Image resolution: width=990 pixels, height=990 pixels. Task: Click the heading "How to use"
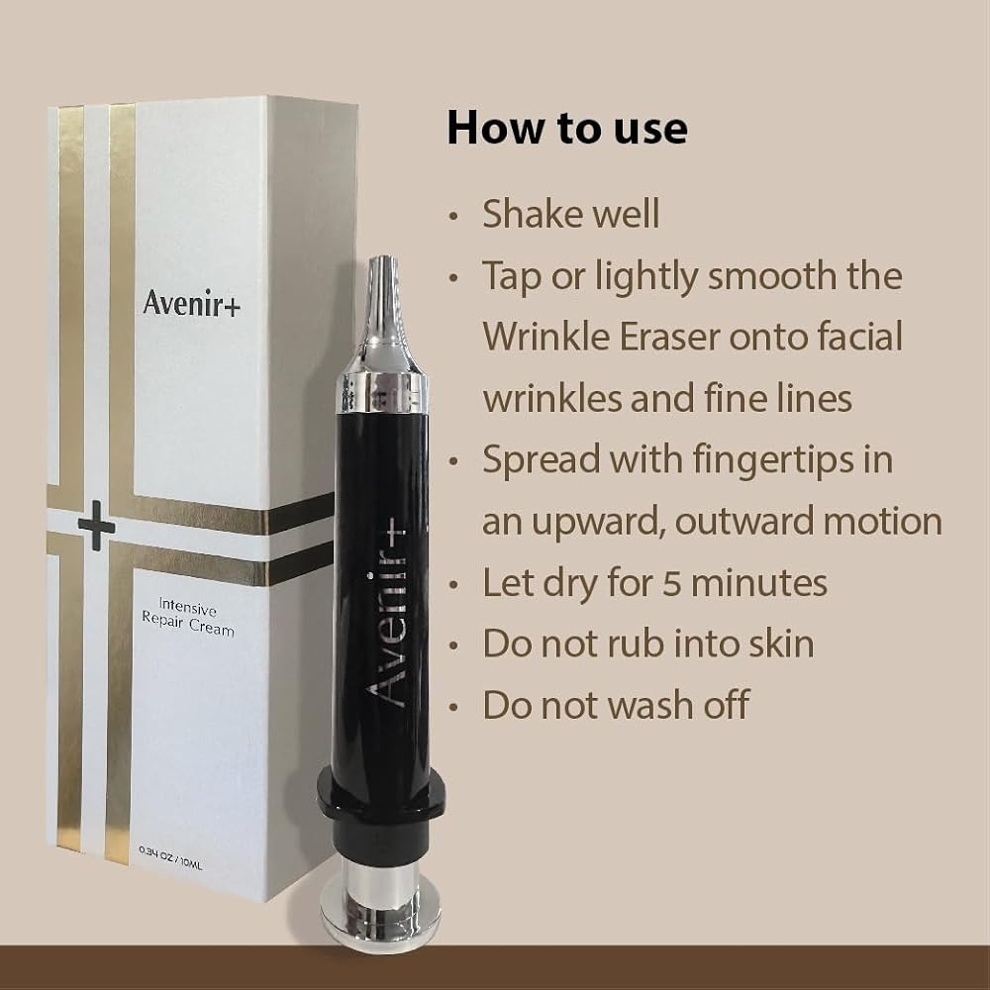click(567, 128)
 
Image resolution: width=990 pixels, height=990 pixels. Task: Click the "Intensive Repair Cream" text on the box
click(188, 617)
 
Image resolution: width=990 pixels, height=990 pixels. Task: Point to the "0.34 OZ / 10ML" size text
click(171, 857)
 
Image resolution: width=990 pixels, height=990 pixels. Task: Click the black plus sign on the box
click(96, 526)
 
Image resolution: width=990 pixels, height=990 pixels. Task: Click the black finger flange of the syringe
click(381, 796)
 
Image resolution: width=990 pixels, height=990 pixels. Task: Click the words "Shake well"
click(571, 214)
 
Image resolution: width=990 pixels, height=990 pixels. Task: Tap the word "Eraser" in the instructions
click(669, 337)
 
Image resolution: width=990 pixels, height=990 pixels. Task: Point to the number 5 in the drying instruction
click(671, 583)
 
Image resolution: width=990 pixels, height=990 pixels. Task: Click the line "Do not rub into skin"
click(648, 643)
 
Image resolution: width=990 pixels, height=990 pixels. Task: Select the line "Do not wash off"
click(616, 704)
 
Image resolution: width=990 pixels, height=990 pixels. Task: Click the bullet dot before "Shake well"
click(452, 216)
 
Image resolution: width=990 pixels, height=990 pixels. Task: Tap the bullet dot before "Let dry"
click(452, 585)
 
